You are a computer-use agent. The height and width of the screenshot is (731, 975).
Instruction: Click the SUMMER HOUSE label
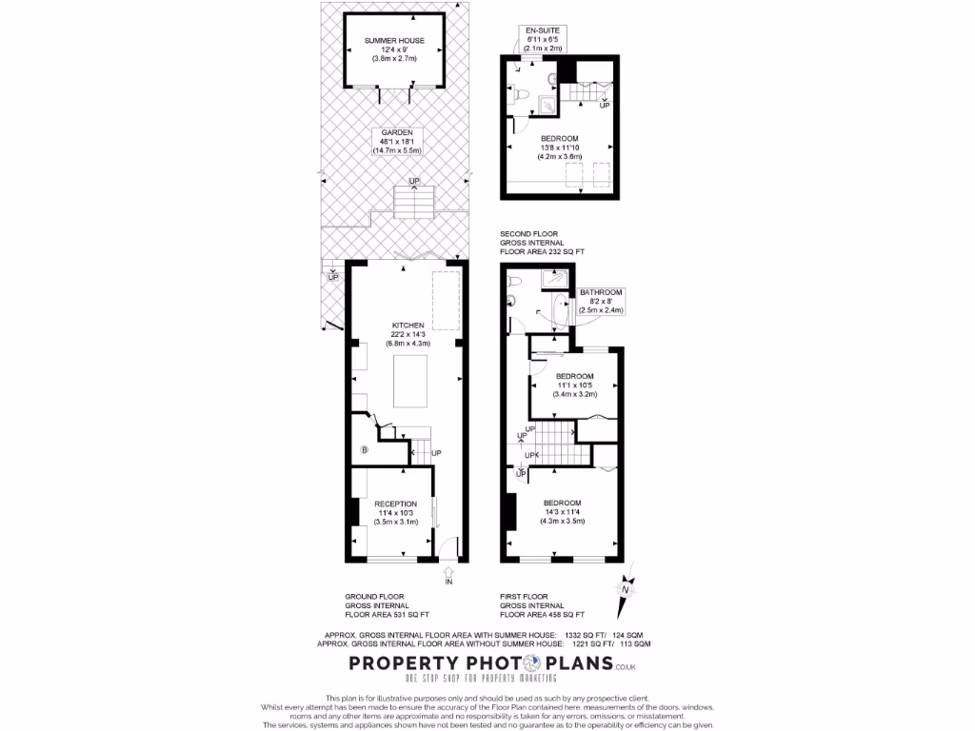[393, 41]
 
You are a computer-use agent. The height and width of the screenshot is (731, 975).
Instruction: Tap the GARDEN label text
[396, 132]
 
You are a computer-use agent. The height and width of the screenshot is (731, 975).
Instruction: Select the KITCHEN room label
[408, 326]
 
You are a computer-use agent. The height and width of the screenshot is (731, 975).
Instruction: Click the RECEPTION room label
[395, 504]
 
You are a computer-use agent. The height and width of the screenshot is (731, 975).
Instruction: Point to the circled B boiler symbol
[363, 449]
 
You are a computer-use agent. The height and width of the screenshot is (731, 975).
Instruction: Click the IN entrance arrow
[449, 574]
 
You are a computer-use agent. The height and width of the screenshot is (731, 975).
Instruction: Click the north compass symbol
[626, 588]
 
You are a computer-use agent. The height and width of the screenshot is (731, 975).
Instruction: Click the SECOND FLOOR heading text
[529, 233]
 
